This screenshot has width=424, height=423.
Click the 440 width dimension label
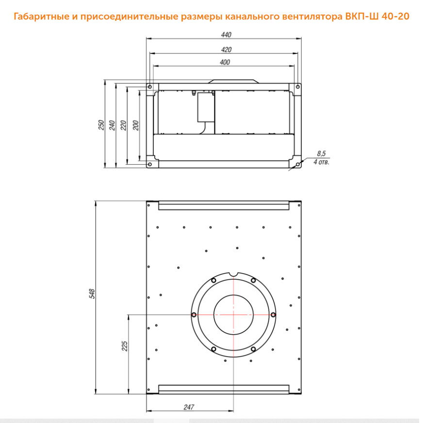pos(226,35)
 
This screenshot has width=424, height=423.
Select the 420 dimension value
pos(226,50)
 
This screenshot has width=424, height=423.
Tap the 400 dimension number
pos(225,63)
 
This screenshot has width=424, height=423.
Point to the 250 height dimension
pos(101,125)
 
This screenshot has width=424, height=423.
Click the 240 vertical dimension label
pos(112,125)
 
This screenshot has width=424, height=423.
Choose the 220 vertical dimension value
pos(123,125)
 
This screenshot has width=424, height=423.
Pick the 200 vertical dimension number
pos(136,125)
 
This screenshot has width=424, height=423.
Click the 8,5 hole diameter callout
pos(321,154)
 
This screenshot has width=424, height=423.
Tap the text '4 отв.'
pos(322,162)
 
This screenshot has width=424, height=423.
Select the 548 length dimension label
pos(92,294)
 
